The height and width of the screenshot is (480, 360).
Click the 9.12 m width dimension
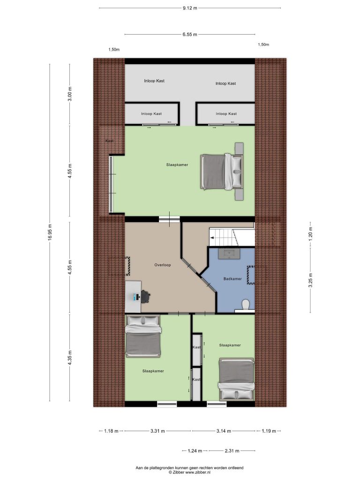coord(190,8)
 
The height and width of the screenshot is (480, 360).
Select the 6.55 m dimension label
coord(190,35)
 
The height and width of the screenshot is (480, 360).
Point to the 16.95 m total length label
coord(50,232)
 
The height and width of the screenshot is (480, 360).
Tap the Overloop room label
coord(163,265)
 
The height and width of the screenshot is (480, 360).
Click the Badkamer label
coord(232,279)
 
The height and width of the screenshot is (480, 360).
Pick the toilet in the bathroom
coord(246,305)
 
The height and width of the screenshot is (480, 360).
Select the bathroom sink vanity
coord(229,254)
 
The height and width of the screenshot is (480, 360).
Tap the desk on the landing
coord(134,297)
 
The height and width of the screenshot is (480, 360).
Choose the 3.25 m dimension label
coord(310,280)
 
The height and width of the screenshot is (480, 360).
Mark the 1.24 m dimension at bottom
coord(195,450)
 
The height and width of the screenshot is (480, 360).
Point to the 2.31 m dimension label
coord(232,450)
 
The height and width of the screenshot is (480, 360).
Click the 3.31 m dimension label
coord(157,431)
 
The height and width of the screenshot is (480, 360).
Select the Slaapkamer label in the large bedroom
coord(177,165)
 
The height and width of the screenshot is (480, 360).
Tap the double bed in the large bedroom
coord(222,172)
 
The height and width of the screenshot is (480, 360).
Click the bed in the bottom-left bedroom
coord(143,337)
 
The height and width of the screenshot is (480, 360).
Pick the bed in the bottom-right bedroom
coord(236,379)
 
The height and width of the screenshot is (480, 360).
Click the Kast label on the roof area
coord(109,141)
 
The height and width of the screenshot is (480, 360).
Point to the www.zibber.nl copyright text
coord(189,472)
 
